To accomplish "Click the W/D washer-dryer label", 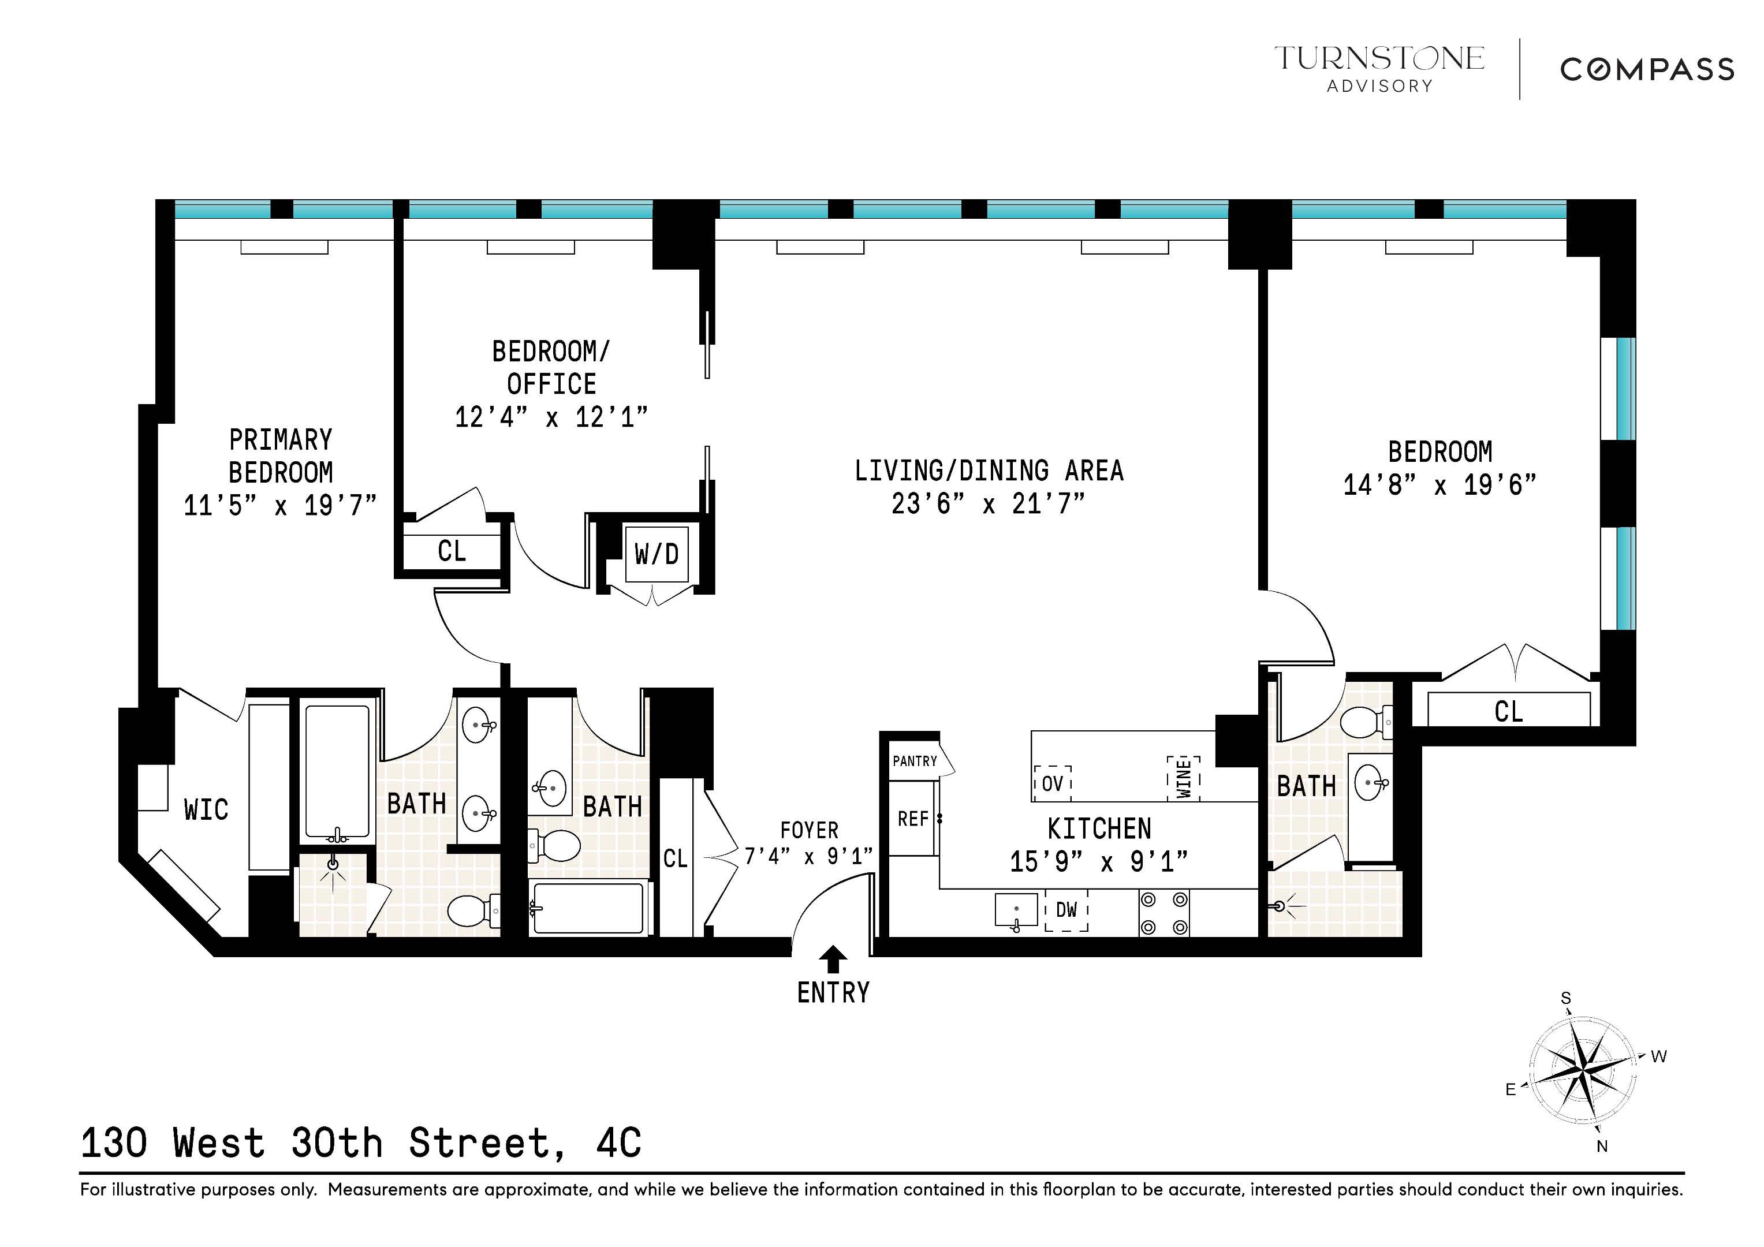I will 656,553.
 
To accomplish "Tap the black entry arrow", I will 833,959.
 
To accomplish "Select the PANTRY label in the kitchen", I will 914,761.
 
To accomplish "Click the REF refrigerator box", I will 913,819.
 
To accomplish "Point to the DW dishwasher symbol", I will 1066,910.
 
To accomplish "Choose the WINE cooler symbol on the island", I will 1183,778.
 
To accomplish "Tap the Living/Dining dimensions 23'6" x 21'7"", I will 988,504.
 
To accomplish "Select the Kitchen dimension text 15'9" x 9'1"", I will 1099,862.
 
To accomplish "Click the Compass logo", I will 1646,70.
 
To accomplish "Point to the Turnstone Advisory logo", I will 1379,68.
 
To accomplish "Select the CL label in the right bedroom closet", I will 1508,711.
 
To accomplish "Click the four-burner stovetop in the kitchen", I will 1163,913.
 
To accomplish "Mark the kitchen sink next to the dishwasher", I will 1016,910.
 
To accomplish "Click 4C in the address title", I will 618,1143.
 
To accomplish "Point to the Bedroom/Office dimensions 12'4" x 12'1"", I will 551,417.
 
